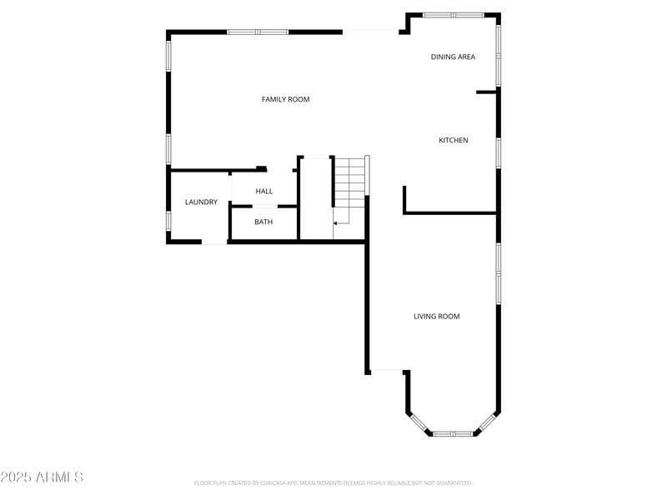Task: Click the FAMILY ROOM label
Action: click(285, 99)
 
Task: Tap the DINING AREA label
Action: click(453, 57)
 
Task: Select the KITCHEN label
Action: click(454, 140)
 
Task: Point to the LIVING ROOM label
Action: click(437, 316)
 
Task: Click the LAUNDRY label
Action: click(201, 202)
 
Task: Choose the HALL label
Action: click(264, 191)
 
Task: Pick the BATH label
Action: click(263, 222)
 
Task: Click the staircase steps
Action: click(349, 182)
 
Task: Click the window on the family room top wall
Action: click(258, 32)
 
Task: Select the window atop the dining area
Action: click(453, 15)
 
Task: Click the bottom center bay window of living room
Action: click(453, 433)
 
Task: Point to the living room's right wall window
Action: click(499, 273)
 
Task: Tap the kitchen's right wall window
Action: click(499, 152)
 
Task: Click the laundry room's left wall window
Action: click(168, 220)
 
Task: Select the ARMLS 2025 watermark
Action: click(42, 477)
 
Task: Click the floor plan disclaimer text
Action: click(333, 482)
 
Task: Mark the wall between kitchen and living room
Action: click(450, 213)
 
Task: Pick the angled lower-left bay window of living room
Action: click(419, 423)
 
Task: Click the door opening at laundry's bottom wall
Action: click(214, 242)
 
